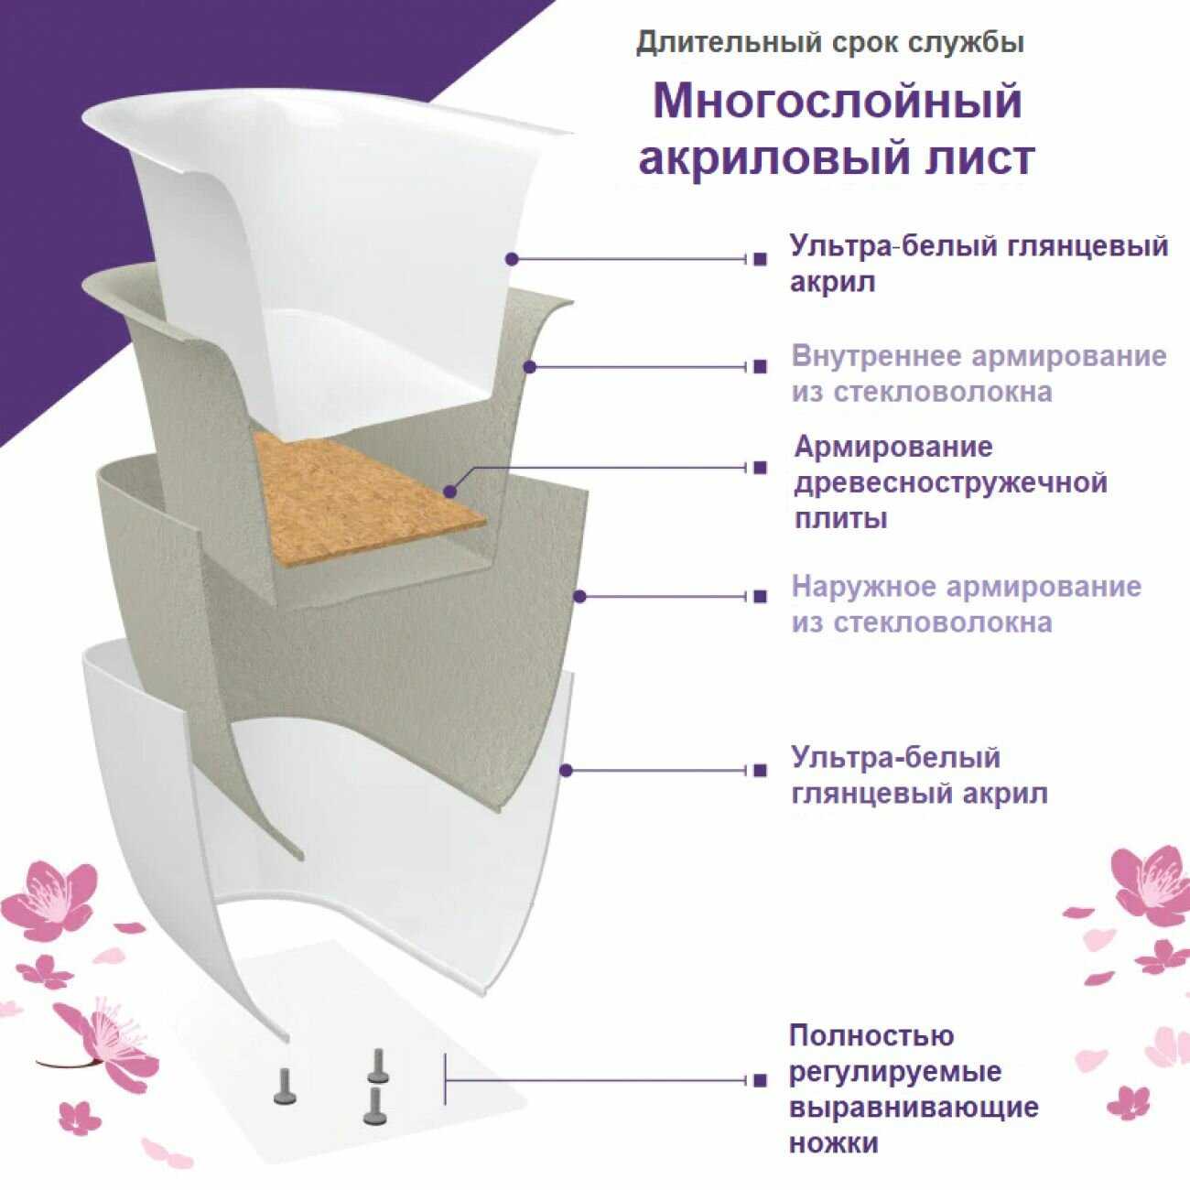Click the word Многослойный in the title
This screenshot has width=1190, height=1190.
pyautogui.click(x=838, y=102)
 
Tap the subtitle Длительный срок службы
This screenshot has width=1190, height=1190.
pyautogui.click(x=830, y=43)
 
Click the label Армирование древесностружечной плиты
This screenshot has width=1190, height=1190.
pyautogui.click(x=950, y=482)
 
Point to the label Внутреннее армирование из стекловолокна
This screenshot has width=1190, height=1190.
pyautogui.click(x=979, y=374)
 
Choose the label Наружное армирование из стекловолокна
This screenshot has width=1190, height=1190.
pyautogui.click(x=967, y=604)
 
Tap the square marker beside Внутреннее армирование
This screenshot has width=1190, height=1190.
pyautogui.click(x=760, y=367)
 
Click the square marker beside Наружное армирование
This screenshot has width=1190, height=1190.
pyautogui.click(x=760, y=597)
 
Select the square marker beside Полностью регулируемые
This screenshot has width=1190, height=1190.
pyautogui.click(x=760, y=1081)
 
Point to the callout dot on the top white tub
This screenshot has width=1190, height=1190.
pyautogui.click(x=512, y=259)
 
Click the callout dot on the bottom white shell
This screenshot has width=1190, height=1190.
pyautogui.click(x=568, y=770)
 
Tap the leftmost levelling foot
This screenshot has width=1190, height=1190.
pyautogui.click(x=285, y=1094)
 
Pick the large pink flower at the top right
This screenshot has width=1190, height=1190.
pyautogui.click(x=1150, y=887)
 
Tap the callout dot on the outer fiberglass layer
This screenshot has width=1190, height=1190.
pyautogui.click(x=579, y=597)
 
